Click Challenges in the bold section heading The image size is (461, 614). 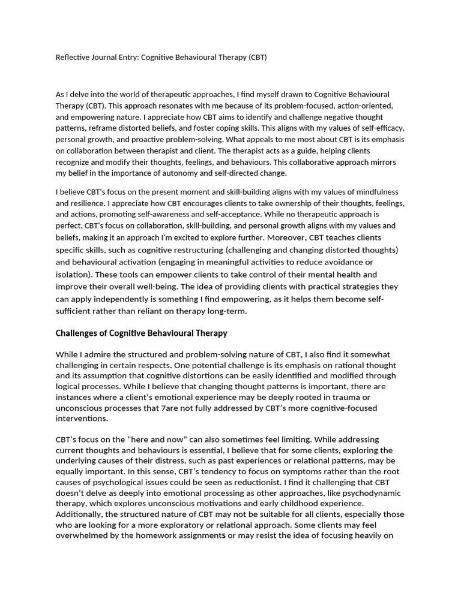point(79,333)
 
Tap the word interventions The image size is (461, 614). point(82,419)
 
